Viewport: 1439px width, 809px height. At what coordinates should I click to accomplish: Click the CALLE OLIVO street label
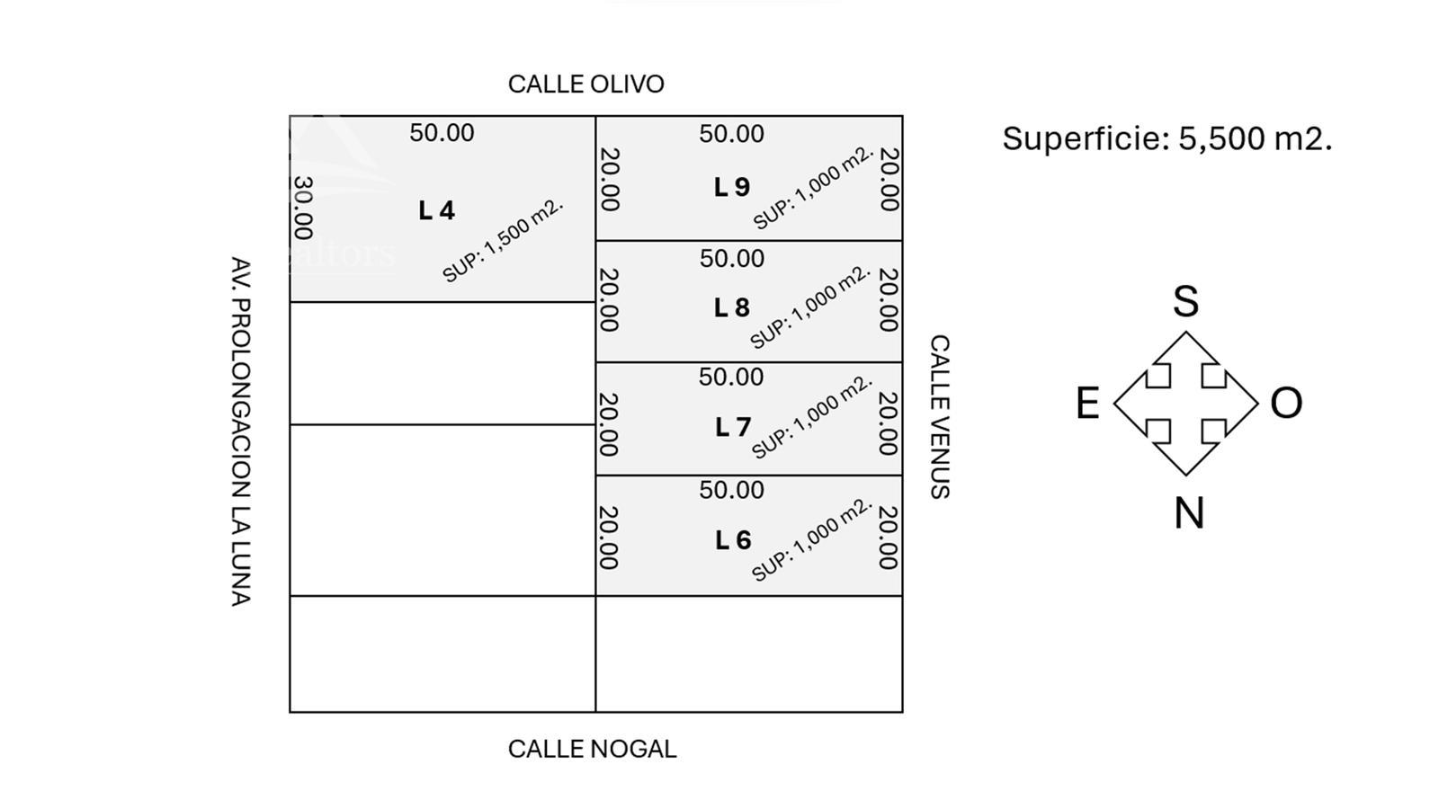pyautogui.click(x=585, y=84)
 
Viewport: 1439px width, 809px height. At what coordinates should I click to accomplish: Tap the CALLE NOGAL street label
pyautogui.click(x=592, y=750)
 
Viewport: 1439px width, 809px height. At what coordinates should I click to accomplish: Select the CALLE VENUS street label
pyautogui.click(x=940, y=417)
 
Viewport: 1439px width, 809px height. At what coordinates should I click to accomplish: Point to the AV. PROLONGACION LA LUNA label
pyautogui.click(x=240, y=431)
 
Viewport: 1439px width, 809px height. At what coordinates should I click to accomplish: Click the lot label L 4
pyautogui.click(x=437, y=210)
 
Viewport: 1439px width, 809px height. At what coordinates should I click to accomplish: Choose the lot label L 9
pyautogui.click(x=732, y=187)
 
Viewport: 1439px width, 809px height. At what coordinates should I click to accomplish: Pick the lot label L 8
pyautogui.click(x=732, y=307)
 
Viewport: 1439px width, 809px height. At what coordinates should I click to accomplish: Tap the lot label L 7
pyautogui.click(x=733, y=427)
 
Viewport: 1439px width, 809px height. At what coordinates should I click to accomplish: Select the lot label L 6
pyautogui.click(x=733, y=540)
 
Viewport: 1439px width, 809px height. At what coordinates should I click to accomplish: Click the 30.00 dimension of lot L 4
pyautogui.click(x=303, y=208)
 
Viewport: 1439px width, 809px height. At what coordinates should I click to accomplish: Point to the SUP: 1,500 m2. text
pyautogui.click(x=503, y=241)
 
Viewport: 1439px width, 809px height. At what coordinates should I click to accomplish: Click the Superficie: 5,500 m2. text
pyautogui.click(x=1167, y=138)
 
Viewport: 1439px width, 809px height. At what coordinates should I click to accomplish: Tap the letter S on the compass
pyautogui.click(x=1186, y=301)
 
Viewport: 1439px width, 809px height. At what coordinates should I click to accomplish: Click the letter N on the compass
pyautogui.click(x=1189, y=513)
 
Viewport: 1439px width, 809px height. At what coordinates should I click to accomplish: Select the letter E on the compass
pyautogui.click(x=1087, y=404)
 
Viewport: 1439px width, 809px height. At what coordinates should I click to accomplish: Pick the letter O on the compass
pyautogui.click(x=1286, y=404)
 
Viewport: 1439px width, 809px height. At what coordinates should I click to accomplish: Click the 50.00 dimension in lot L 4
pyautogui.click(x=442, y=133)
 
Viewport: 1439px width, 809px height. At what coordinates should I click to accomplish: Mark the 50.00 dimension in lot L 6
pyautogui.click(x=732, y=490)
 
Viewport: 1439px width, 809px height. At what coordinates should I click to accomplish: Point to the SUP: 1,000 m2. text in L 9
pyautogui.click(x=814, y=188)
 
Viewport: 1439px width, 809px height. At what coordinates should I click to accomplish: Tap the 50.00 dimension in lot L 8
pyautogui.click(x=732, y=258)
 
